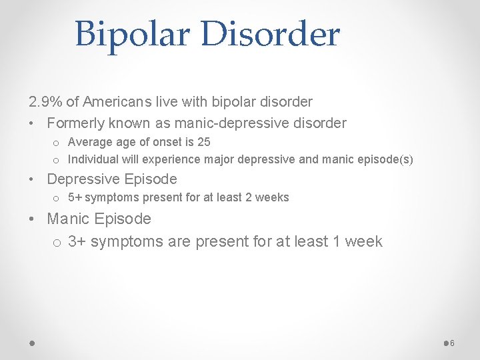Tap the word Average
pyautogui.click(x=90, y=142)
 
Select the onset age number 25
pyautogui.click(x=204, y=142)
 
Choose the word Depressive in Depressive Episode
pyautogui.click(x=83, y=179)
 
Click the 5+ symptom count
pyautogui.click(x=75, y=198)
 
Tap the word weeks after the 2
pyautogui.click(x=274, y=198)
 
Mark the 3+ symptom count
pyautogui.click(x=77, y=241)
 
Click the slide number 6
pyautogui.click(x=452, y=343)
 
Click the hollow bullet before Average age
pyautogui.click(x=56, y=143)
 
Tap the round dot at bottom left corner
pyautogui.click(x=33, y=343)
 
